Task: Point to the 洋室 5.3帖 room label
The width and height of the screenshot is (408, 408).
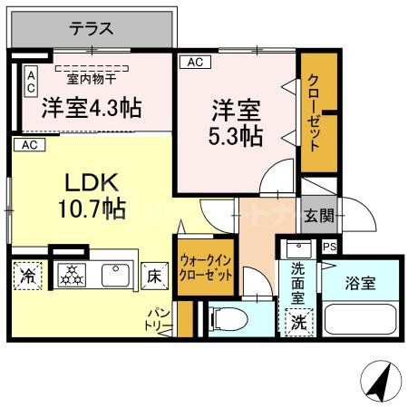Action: pyautogui.click(x=237, y=124)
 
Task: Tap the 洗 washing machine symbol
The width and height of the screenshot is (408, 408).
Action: pyautogui.click(x=297, y=322)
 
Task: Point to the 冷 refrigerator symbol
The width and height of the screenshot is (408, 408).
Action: pyautogui.click(x=28, y=276)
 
